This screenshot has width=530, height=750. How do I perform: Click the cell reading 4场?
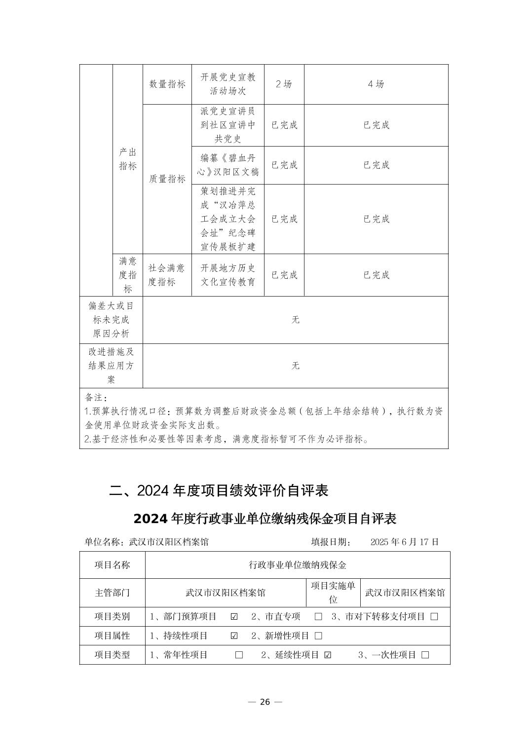(x=376, y=84)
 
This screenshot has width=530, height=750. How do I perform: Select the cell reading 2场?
(x=284, y=84)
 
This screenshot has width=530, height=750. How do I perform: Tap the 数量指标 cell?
(x=167, y=84)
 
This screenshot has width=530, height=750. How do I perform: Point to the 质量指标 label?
(x=167, y=179)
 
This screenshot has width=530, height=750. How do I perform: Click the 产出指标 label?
(x=128, y=159)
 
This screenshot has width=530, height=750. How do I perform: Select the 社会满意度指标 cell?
(x=167, y=275)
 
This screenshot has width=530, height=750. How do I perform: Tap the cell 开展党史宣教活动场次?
(x=228, y=84)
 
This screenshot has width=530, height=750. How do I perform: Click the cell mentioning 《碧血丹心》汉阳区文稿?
(x=228, y=165)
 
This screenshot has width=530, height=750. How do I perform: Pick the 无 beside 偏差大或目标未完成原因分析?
(x=295, y=320)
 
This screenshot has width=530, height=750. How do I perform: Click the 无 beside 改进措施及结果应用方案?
(x=295, y=366)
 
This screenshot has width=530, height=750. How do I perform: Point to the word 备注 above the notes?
(x=96, y=397)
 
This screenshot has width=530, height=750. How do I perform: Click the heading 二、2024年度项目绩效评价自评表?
(x=219, y=490)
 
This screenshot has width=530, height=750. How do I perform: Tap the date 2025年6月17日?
(x=404, y=542)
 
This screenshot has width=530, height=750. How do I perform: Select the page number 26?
(x=265, y=702)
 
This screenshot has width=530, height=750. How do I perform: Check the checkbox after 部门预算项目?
(x=234, y=617)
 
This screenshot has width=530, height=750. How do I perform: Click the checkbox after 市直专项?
(x=318, y=617)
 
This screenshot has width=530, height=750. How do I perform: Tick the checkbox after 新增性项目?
(x=318, y=636)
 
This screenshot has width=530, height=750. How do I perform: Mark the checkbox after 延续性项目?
(x=328, y=655)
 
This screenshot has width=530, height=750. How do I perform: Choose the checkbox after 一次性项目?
(x=425, y=655)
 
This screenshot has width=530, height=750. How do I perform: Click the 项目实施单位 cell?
(x=333, y=593)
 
